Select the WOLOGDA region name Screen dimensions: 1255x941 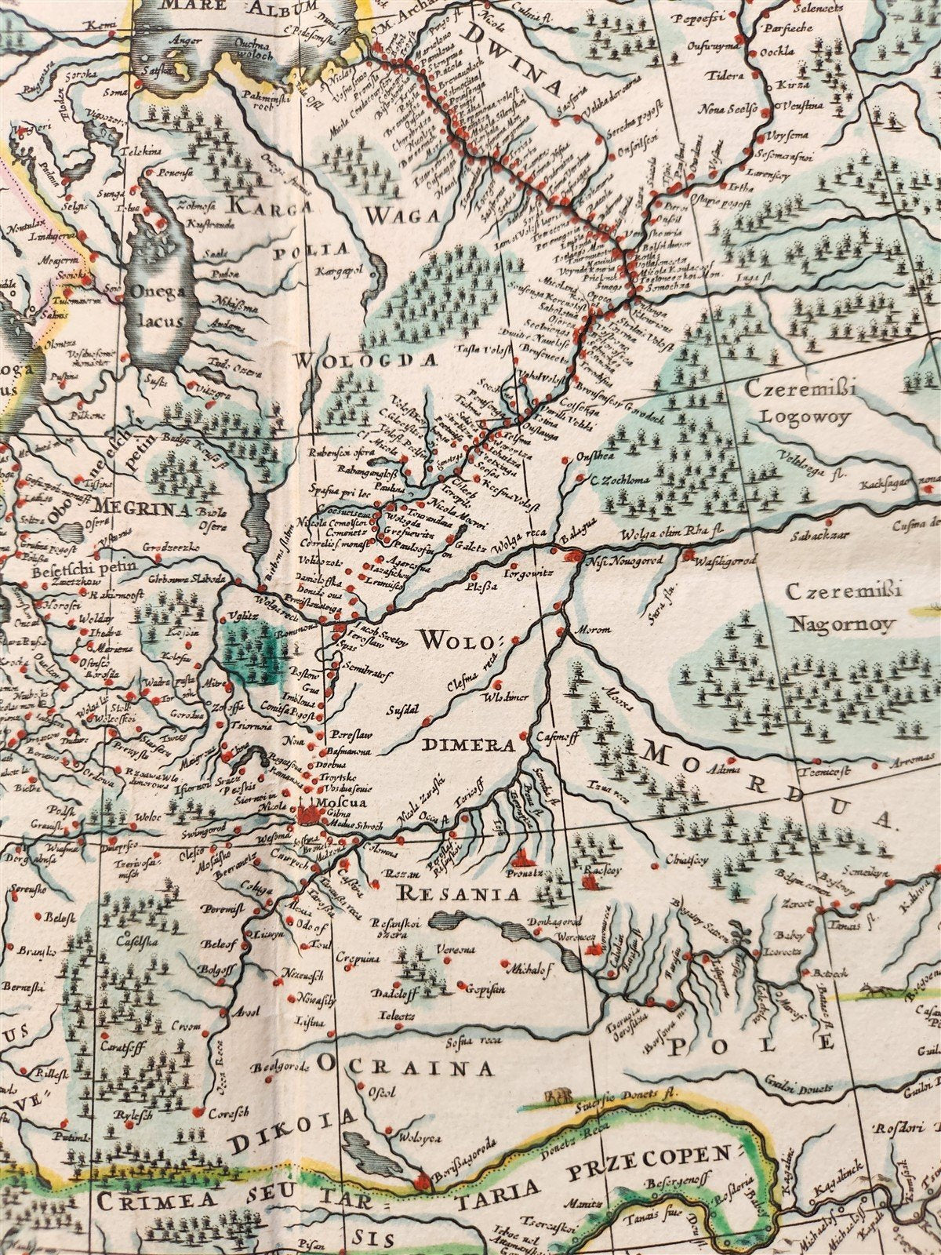[365, 360]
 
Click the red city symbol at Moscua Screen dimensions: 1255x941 [307, 816]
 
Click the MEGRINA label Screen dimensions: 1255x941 [142, 508]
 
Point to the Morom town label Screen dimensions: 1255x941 [587, 629]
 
